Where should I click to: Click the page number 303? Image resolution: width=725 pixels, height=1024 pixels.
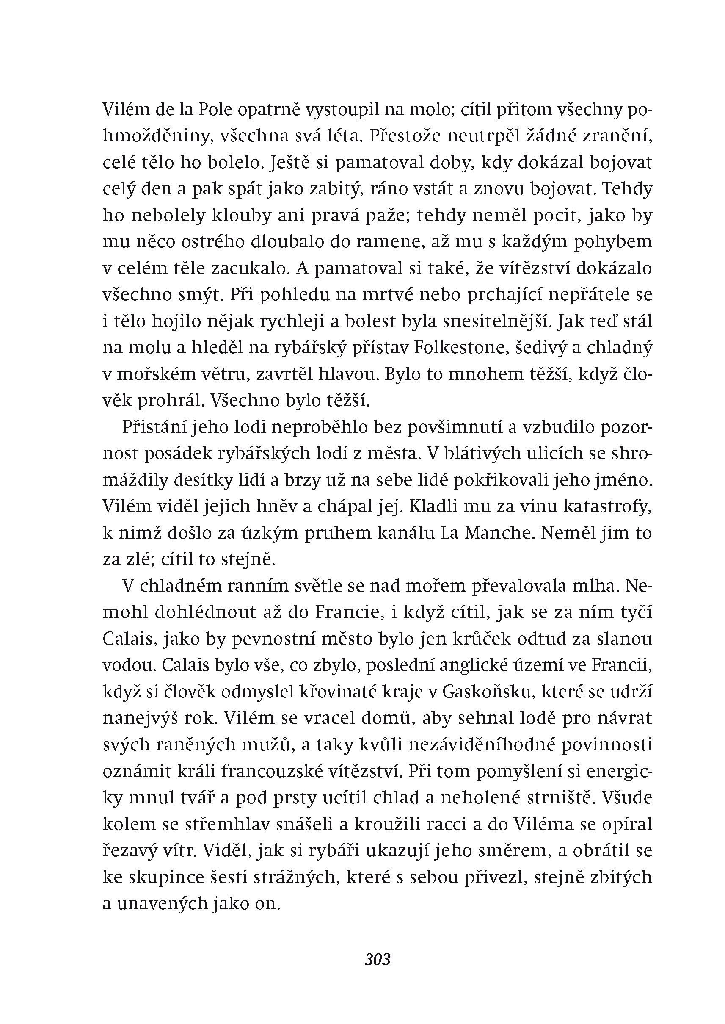pos(377,959)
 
